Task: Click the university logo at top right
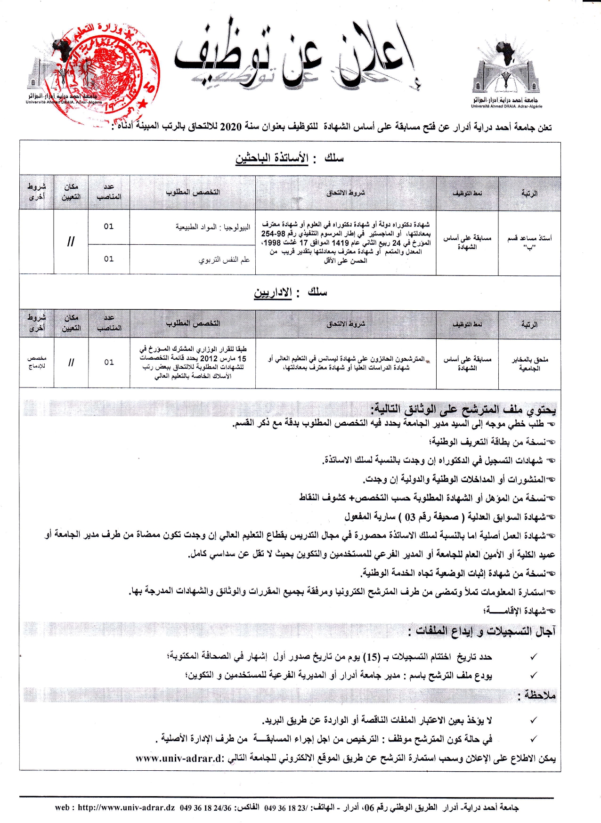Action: click(506, 71)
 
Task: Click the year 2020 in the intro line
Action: click(231, 127)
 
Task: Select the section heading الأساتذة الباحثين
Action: click(272, 159)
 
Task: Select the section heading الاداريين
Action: click(273, 293)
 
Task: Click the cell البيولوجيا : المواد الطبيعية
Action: click(213, 227)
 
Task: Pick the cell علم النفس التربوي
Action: click(224, 259)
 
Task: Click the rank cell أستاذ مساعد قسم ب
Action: click(529, 242)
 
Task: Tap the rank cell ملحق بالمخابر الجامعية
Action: click(530, 363)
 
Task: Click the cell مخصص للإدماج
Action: click(36, 363)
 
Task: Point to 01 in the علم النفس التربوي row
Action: click(109, 259)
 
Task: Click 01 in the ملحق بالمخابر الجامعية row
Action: click(109, 362)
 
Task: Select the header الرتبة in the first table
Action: click(529, 193)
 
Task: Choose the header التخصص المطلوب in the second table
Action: click(193, 323)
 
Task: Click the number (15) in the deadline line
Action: click(373, 657)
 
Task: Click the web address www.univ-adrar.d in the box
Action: click(179, 758)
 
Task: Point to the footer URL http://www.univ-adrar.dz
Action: click(126, 807)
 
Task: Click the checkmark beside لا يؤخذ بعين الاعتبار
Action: click(534, 720)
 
